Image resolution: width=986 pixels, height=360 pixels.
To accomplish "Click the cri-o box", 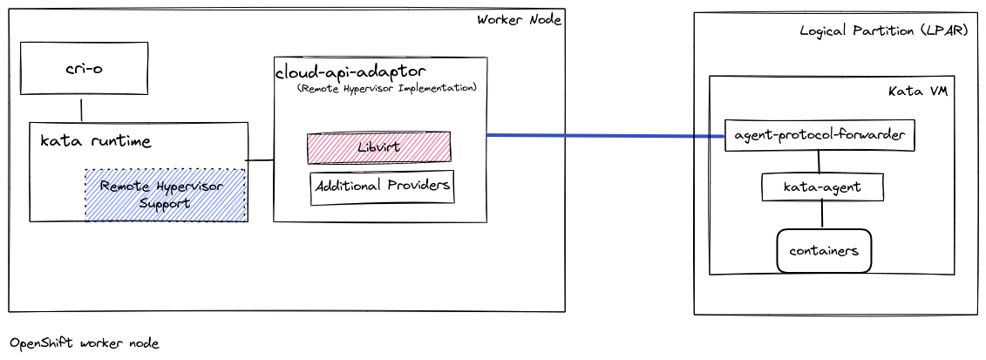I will (x=84, y=69).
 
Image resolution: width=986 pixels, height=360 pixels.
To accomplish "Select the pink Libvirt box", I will (x=378, y=147).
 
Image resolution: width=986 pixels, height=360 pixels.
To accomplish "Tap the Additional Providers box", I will (x=383, y=187).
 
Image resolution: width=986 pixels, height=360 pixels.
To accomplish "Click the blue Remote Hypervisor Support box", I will (x=165, y=194).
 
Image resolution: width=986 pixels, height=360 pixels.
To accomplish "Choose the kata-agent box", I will (x=822, y=187).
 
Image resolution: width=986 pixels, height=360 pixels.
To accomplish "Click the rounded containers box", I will (x=824, y=250).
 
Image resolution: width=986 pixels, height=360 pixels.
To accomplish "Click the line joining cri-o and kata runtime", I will (x=82, y=109).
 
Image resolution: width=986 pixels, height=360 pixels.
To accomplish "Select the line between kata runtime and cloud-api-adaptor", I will (x=260, y=160).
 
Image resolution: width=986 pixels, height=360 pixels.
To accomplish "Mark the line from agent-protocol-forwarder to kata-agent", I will (x=819, y=162).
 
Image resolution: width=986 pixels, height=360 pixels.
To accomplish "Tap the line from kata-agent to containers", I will (x=821, y=214).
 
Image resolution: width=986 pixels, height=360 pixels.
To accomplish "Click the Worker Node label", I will (x=519, y=20).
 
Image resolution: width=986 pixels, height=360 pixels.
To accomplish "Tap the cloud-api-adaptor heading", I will (x=350, y=71).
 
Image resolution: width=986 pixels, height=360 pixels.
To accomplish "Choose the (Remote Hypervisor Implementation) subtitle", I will (x=386, y=88).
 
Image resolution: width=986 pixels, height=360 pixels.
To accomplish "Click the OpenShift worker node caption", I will (x=85, y=343).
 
